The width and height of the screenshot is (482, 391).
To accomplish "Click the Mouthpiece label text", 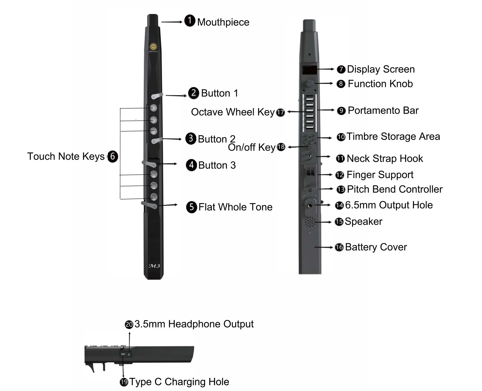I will (223, 22).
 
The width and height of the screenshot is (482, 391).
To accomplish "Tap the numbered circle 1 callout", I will (190, 21).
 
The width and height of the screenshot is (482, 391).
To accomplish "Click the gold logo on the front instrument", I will (153, 47).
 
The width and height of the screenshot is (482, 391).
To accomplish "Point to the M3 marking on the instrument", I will (154, 266).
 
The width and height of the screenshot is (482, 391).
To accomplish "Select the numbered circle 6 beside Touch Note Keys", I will (113, 156).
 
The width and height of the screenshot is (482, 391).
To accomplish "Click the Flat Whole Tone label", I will (235, 207).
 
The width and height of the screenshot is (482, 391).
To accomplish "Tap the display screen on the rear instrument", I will (309, 70).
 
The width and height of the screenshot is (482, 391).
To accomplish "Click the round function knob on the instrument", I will (309, 83).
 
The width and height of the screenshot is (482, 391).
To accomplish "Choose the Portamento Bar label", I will (383, 111).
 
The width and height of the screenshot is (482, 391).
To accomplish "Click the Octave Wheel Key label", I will (233, 112).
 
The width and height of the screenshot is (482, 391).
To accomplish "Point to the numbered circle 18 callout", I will (281, 147).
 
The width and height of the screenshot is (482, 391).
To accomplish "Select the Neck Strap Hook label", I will (385, 159).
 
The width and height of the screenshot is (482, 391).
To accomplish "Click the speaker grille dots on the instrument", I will (309, 222).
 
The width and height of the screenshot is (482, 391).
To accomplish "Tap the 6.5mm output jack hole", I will (310, 206).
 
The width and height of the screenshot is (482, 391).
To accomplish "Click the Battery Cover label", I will (376, 247).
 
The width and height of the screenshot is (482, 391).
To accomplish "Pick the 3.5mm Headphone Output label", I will (194, 324).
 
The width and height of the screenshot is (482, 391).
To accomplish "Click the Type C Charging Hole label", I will (179, 382).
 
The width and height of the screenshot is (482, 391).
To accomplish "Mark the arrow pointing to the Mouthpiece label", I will (172, 22).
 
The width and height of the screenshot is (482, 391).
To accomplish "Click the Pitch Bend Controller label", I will (395, 189).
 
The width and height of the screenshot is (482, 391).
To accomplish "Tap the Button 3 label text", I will (217, 165).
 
